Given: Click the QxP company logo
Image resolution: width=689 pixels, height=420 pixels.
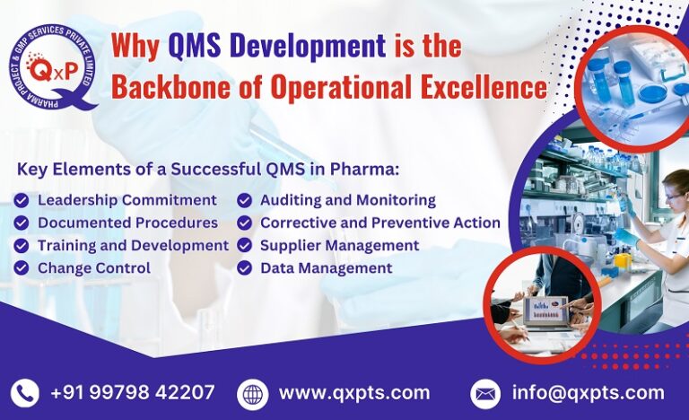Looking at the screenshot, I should click(52, 66).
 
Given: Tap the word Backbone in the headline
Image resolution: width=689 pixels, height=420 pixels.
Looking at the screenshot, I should click(167, 86).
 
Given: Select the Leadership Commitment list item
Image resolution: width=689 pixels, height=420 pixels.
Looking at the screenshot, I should click(126, 199).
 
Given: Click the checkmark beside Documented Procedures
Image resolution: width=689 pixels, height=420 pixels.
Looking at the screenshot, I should click(22, 223).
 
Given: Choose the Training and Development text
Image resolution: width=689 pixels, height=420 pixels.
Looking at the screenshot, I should click(133, 245).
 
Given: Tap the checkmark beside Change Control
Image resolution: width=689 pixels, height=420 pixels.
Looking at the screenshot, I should click(22, 268).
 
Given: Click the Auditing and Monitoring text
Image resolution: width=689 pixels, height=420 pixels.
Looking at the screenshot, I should click(347, 199).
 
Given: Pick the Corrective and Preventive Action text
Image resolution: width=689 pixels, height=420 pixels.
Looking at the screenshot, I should click(379, 223).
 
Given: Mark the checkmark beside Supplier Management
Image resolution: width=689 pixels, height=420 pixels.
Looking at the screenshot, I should click(244, 245).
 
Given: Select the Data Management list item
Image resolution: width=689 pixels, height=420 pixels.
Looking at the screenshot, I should click(326, 268).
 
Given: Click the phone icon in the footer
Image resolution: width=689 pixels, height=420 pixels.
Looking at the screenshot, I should click(25, 393).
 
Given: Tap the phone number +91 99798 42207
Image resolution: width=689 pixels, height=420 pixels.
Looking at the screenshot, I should click(133, 393).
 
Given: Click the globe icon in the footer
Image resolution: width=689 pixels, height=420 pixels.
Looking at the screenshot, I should click(252, 393).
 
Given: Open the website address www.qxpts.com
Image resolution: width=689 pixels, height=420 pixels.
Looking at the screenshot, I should click(354, 393).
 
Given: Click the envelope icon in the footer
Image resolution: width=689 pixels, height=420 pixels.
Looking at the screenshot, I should click(485, 393).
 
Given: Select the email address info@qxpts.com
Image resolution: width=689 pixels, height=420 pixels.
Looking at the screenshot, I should click(588, 393).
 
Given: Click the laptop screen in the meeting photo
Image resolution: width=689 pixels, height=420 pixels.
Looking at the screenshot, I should click(545, 310).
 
